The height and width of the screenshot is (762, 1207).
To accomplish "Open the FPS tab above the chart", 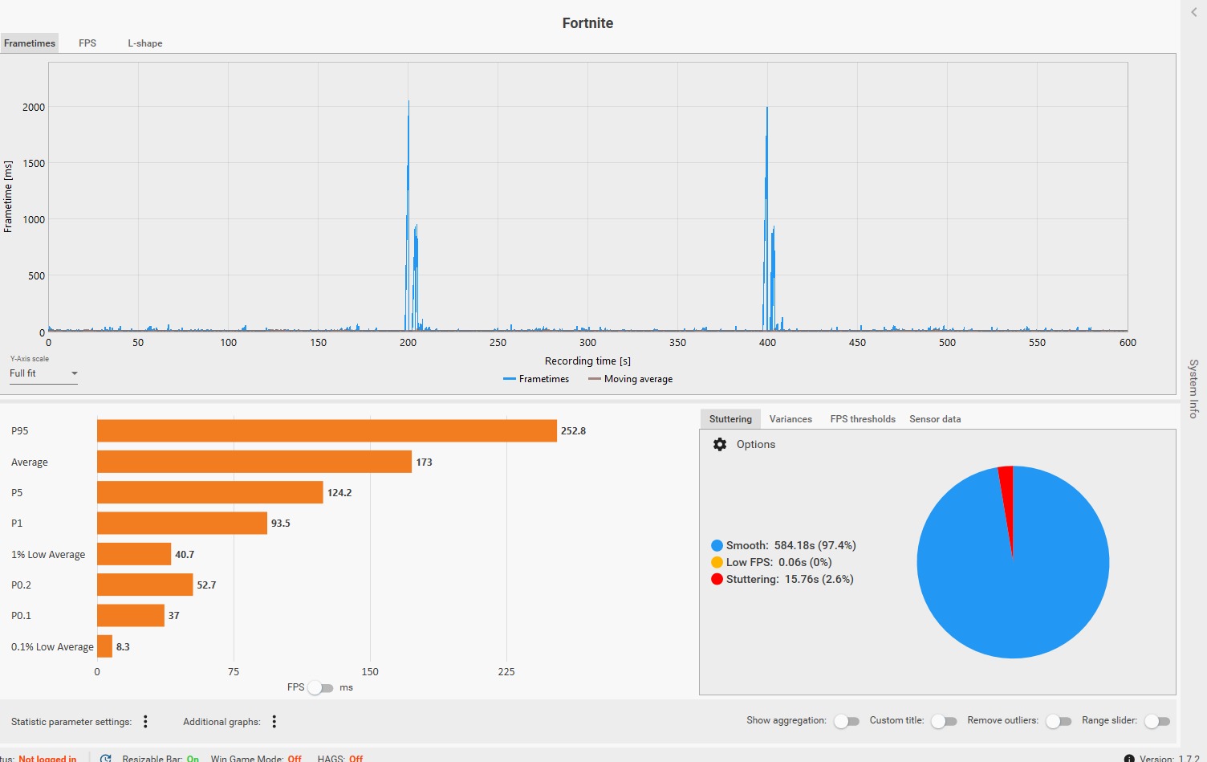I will click(87, 43).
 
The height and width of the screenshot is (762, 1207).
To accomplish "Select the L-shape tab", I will click(145, 43).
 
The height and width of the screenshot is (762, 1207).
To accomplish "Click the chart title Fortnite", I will click(587, 23).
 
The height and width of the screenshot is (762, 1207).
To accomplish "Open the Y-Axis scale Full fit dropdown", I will click(43, 373).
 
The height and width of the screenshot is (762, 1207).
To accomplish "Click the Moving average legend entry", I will click(631, 379).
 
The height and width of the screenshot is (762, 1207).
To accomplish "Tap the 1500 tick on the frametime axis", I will click(34, 163).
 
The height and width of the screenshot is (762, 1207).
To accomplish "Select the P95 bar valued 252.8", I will click(327, 431).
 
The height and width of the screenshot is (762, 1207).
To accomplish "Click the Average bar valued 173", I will click(254, 462).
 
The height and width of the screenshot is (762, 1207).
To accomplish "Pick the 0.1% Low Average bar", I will click(104, 646).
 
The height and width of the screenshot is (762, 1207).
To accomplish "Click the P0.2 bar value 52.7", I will click(206, 585).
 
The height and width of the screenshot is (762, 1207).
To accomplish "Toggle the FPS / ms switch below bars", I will click(320, 688).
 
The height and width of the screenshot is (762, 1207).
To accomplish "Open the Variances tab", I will click(790, 419).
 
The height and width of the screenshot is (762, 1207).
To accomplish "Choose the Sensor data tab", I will click(935, 419).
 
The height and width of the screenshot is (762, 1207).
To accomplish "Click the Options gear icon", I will click(720, 445).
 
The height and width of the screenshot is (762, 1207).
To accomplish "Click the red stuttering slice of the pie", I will click(1007, 498).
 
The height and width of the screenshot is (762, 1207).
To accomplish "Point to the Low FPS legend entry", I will click(771, 562).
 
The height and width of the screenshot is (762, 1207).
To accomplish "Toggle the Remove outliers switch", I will click(1059, 721).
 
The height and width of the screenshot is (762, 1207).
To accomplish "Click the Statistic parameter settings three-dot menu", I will click(145, 722).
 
